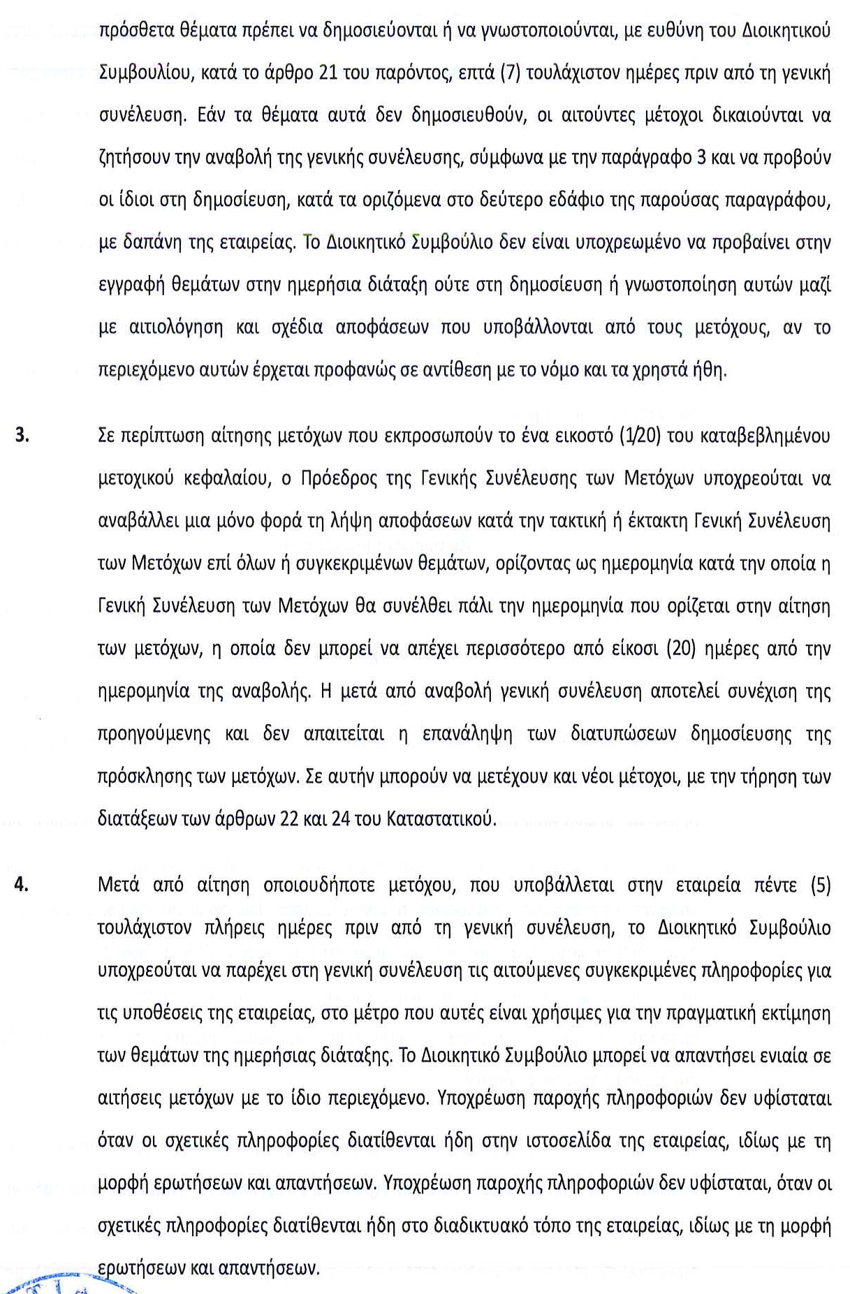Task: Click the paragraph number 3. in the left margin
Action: [23, 435]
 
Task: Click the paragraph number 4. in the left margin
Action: [22, 885]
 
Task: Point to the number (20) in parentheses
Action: [682, 649]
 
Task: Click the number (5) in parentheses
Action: [821, 885]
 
